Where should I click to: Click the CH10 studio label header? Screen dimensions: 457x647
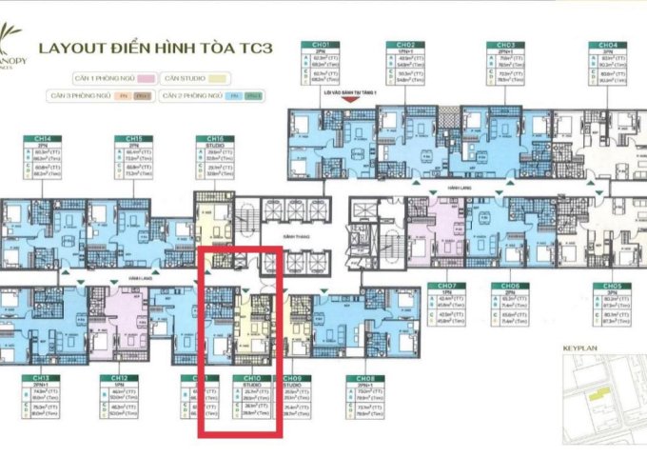point(241,378)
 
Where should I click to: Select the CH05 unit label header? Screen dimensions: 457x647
point(605,286)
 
